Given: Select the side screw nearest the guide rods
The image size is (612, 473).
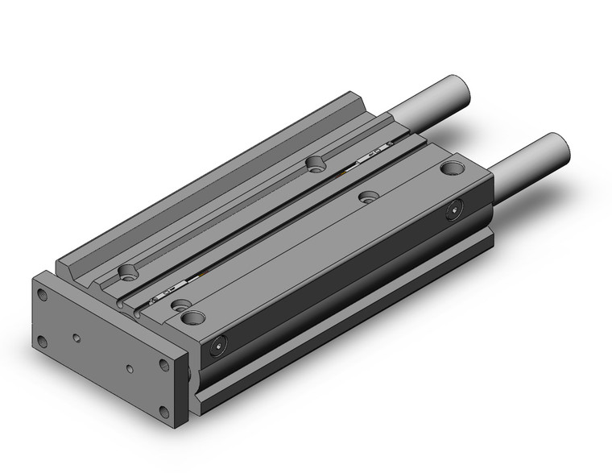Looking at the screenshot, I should pyautogui.click(x=455, y=212).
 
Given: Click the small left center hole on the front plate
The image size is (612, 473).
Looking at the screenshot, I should pyautogui.click(x=76, y=338).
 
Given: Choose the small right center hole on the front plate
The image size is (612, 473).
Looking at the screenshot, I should pyautogui.click(x=130, y=370).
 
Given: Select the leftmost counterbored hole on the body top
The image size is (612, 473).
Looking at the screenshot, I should pyautogui.click(x=126, y=272).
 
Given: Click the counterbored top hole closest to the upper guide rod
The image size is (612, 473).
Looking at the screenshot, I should pyautogui.click(x=314, y=164).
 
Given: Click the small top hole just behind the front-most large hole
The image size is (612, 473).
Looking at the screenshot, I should pyautogui.click(x=180, y=303).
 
